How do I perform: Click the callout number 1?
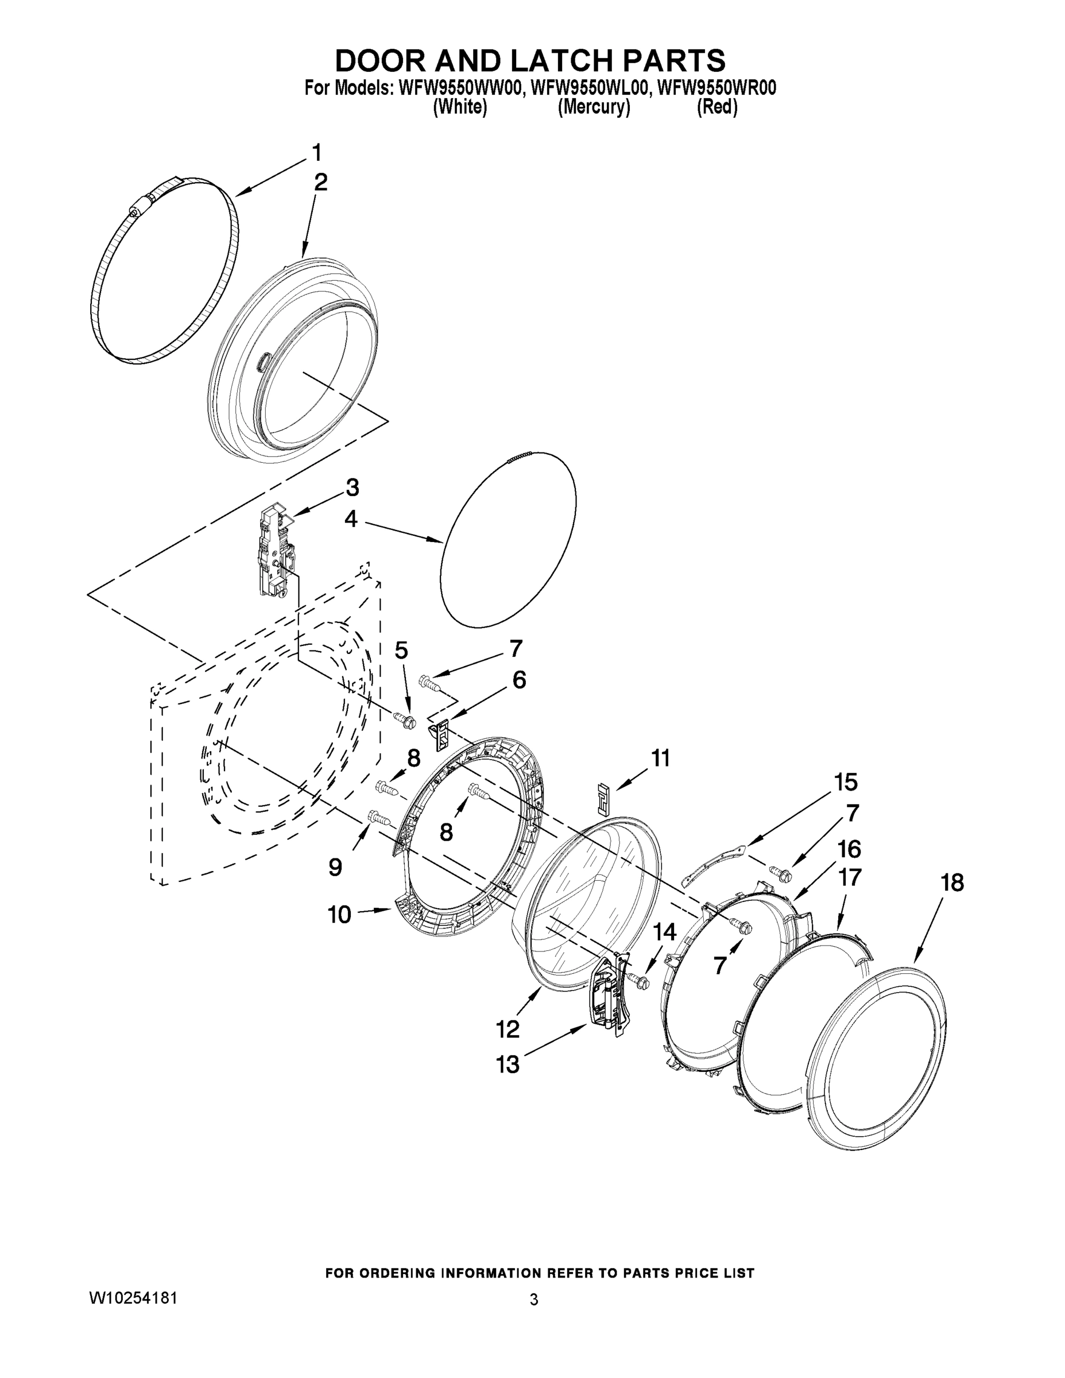(317, 153)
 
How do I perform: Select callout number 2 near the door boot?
(320, 183)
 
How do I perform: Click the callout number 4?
(351, 519)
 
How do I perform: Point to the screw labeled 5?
(404, 719)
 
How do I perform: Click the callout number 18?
(952, 882)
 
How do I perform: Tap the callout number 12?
(508, 1029)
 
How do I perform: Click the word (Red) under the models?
(717, 107)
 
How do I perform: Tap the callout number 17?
(849, 877)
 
